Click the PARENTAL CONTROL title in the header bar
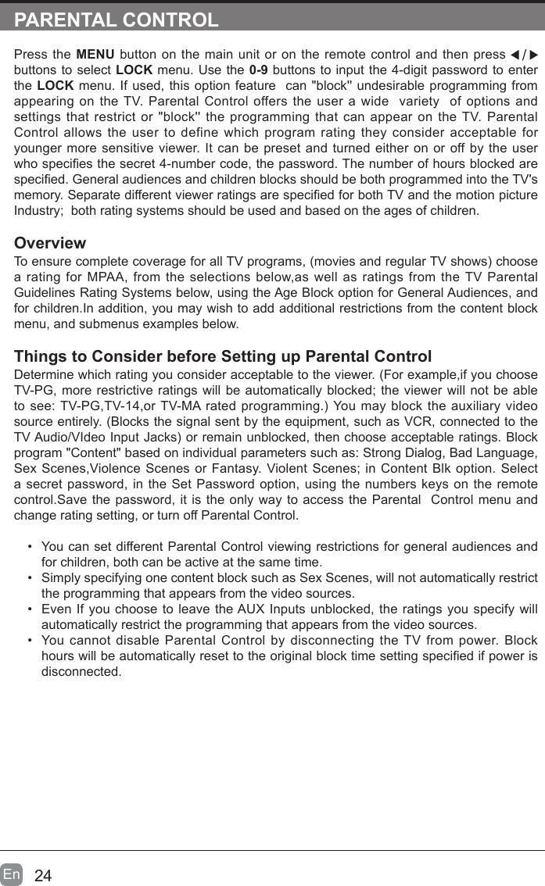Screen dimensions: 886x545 117,20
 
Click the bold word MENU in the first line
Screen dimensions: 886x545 95,55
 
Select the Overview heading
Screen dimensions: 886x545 50,243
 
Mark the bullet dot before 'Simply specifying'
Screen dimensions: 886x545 29,577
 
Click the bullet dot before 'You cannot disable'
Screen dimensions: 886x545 29,640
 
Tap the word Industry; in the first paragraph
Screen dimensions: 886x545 39,212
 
